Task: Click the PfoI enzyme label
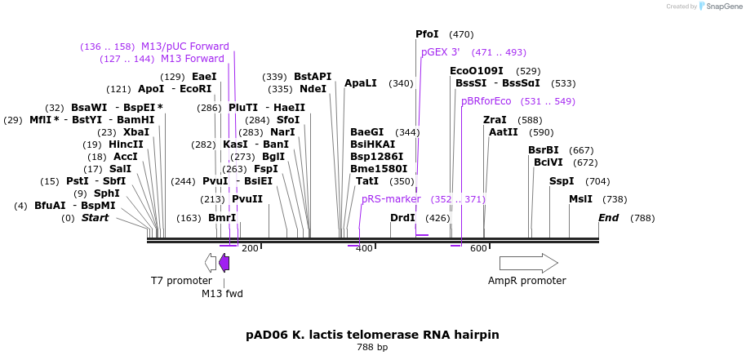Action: [427, 34]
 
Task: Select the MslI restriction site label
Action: [580, 199]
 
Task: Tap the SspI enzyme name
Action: [562, 181]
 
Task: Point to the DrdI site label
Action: [402, 218]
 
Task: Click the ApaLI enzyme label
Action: [360, 83]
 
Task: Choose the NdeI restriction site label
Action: [313, 89]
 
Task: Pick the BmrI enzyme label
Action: [222, 218]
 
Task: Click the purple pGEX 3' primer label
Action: [441, 52]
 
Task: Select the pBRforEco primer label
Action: [486, 101]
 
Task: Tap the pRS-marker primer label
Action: [391, 199]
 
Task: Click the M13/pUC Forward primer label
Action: [185, 47]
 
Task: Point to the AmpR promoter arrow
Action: [528, 263]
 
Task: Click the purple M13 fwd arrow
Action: [224, 263]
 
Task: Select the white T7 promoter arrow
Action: [211, 263]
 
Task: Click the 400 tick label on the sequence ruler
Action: [364, 249]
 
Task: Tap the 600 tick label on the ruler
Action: [478, 249]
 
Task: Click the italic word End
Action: [609, 218]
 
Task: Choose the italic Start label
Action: [95, 218]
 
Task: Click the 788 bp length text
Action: [372, 348]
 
